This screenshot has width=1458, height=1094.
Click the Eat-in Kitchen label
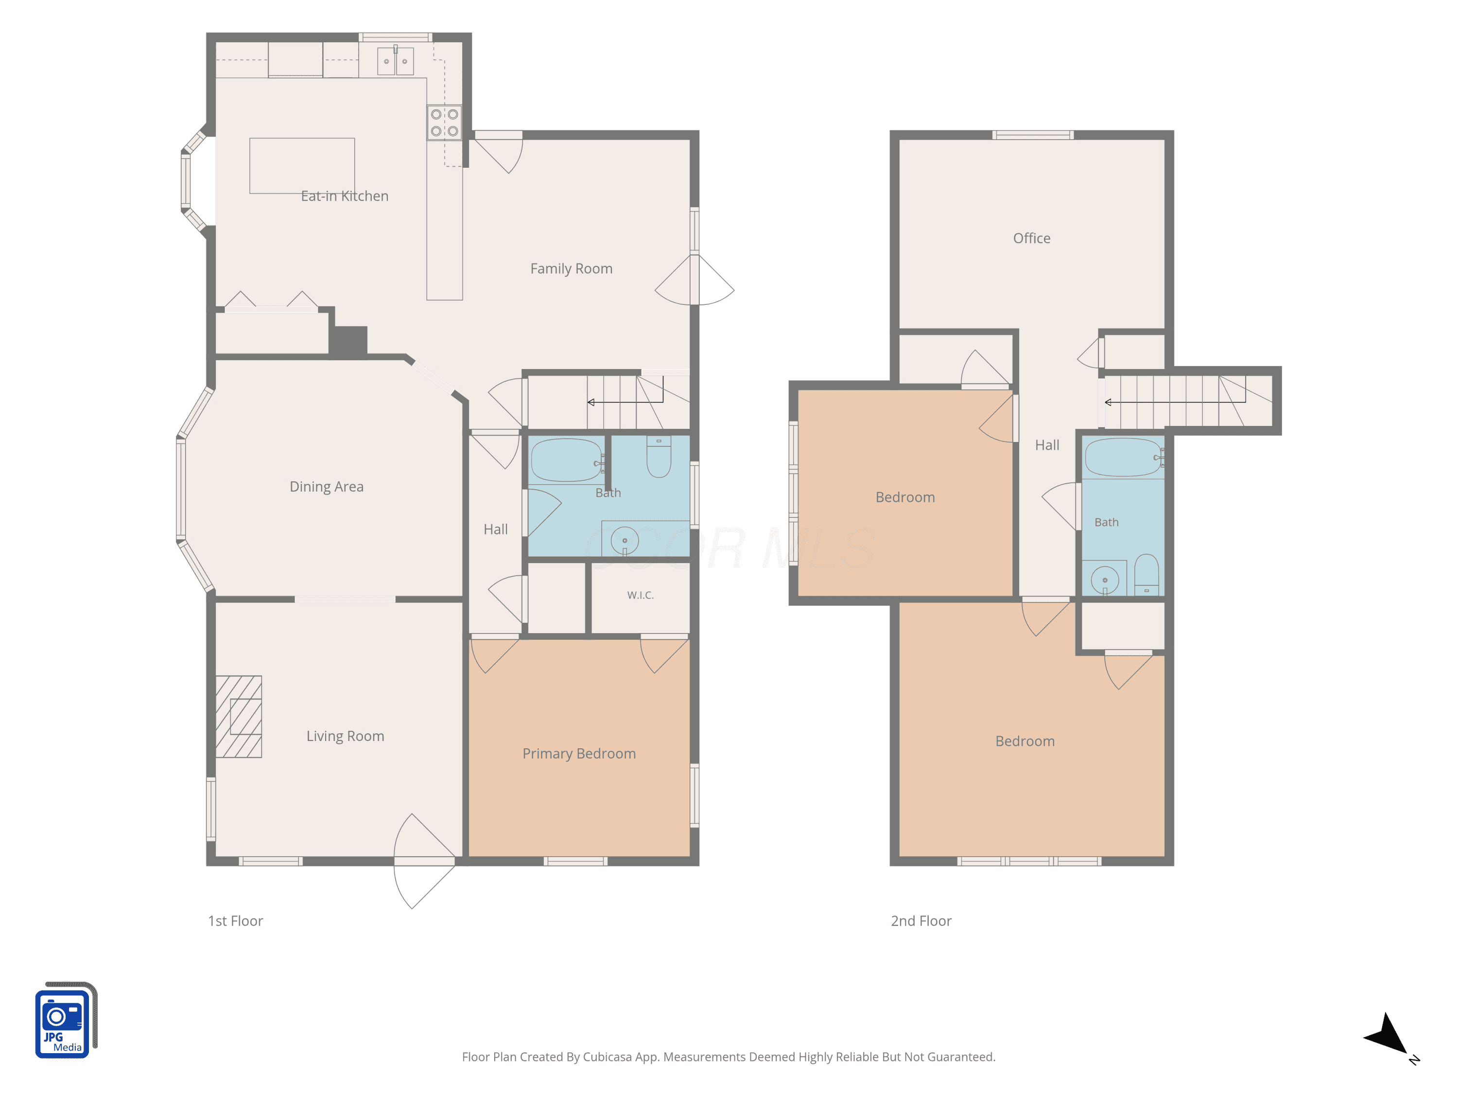click(x=345, y=196)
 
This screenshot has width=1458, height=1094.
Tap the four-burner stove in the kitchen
click(x=444, y=123)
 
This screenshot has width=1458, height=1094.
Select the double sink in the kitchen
click(x=396, y=61)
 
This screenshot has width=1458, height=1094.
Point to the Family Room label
click(x=572, y=268)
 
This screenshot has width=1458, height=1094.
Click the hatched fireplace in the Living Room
click(x=239, y=716)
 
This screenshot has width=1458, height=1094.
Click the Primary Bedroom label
click(x=579, y=754)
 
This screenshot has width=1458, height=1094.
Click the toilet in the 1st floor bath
click(x=659, y=457)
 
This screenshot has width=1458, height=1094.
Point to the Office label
click(x=1032, y=238)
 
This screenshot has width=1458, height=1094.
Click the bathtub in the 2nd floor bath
click(x=1124, y=458)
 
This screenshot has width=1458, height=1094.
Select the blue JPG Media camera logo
click(x=65, y=1020)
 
